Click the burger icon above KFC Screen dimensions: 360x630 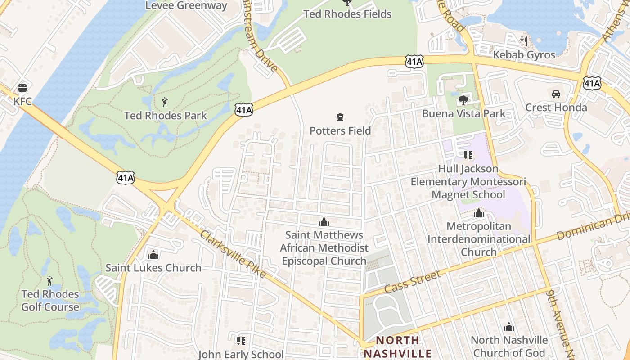pyautogui.click(x=22, y=88)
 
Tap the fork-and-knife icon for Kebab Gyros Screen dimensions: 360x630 pyautogui.click(x=523, y=41)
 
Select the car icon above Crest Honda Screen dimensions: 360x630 pyautogui.click(x=556, y=94)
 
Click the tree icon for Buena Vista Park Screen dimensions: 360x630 pyautogui.click(x=463, y=100)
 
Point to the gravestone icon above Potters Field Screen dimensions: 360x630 pyautogui.click(x=340, y=118)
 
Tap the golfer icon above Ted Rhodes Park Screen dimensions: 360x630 pyautogui.click(x=165, y=102)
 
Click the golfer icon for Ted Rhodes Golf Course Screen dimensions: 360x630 pyautogui.click(x=49, y=281)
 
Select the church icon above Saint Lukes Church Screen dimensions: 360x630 pyautogui.click(x=153, y=255)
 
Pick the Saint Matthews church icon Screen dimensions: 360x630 pyautogui.click(x=324, y=222)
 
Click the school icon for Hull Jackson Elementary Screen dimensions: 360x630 pyautogui.click(x=468, y=155)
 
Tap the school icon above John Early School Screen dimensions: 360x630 pyautogui.click(x=241, y=341)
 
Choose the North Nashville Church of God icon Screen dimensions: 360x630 pyautogui.click(x=509, y=327)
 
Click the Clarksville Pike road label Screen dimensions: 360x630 pyautogui.click(x=233, y=254)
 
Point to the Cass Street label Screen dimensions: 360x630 pyautogui.click(x=413, y=282)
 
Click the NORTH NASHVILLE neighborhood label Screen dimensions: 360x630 pyautogui.click(x=398, y=347)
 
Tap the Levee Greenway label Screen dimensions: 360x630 pyautogui.click(x=186, y=5)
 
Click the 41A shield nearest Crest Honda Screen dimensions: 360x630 pyautogui.click(x=592, y=83)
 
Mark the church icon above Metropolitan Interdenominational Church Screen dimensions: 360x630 pyautogui.click(x=479, y=213)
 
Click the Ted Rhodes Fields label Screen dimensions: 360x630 pyautogui.click(x=347, y=14)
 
